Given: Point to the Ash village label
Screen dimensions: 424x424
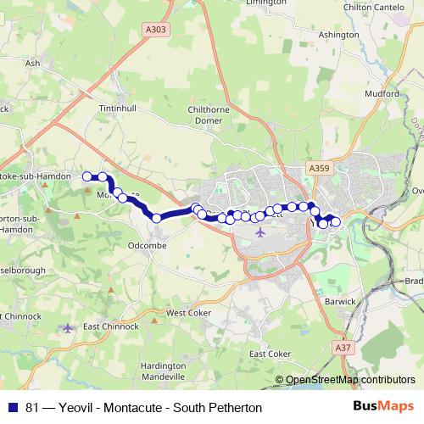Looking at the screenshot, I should pos(33,63).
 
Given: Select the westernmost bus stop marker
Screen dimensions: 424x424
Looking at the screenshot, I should pos(86,176).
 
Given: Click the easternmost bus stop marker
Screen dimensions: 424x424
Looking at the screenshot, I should pos(335,222).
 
